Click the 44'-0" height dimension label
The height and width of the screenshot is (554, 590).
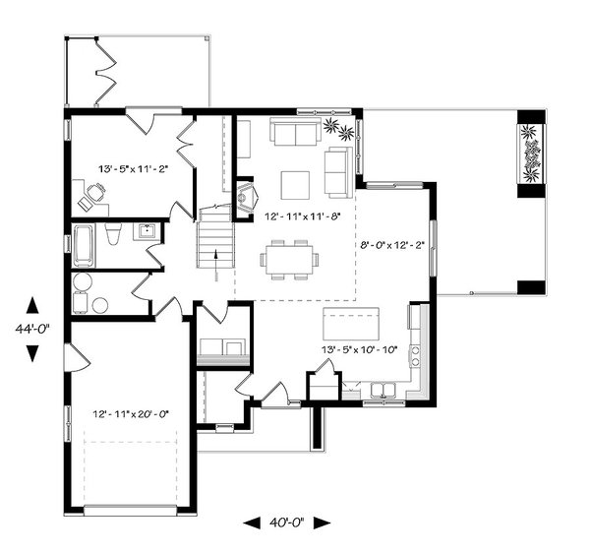tap(32, 330)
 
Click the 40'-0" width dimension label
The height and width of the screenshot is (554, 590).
tap(287, 523)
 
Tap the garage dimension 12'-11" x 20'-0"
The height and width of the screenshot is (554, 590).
tap(131, 414)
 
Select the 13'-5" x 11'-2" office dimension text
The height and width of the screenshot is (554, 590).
tap(133, 169)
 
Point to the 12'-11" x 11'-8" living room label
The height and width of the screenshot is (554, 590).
tap(303, 216)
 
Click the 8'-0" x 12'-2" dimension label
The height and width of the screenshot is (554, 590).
tap(392, 245)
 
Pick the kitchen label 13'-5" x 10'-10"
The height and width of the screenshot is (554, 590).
tap(359, 350)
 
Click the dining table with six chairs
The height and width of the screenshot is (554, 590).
tap(289, 260)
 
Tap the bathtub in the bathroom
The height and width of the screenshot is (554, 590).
tap(84, 246)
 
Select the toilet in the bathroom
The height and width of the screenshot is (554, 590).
tap(113, 233)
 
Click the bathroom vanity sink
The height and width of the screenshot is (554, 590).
tap(146, 231)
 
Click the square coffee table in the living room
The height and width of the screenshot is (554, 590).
tap(295, 185)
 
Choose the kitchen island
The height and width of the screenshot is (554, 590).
tap(351, 324)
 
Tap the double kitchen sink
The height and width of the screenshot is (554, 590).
tap(383, 391)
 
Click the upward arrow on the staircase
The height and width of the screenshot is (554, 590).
tap(216, 265)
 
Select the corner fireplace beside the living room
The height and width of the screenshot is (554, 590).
tap(247, 197)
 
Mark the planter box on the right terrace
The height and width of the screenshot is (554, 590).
tap(531, 154)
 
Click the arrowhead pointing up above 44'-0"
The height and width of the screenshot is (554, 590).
tap(32, 305)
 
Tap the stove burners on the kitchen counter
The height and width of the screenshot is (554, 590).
tap(415, 356)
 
